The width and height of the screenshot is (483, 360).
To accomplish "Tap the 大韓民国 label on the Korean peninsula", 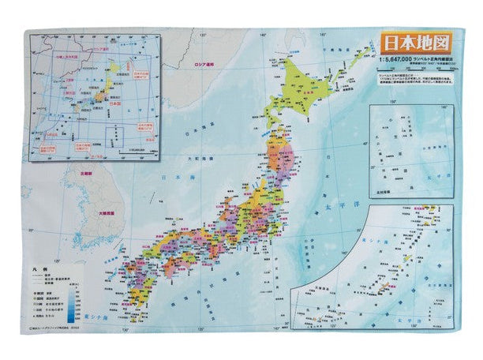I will [108, 213].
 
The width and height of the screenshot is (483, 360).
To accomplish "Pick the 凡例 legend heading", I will [39, 269].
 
